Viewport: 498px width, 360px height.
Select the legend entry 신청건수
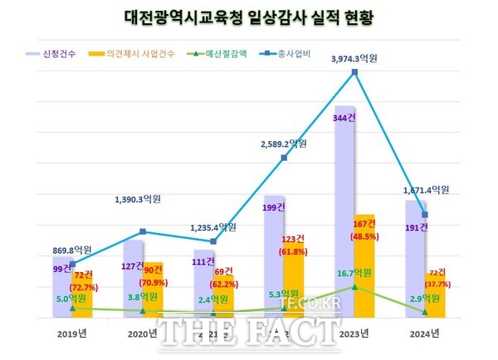[62, 54]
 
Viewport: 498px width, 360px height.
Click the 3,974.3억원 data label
[354, 59]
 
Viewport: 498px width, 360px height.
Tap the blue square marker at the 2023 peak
[354, 72]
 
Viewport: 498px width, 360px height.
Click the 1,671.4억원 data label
[425, 190]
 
